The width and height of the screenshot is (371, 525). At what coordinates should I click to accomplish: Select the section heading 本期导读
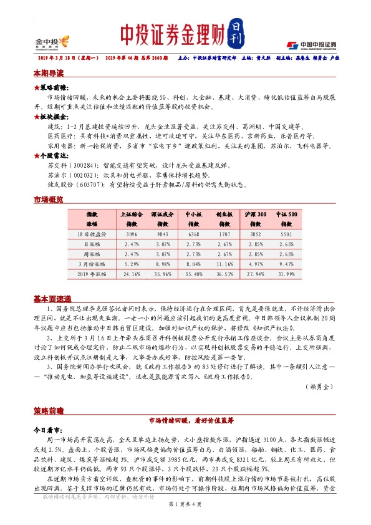click(49, 72)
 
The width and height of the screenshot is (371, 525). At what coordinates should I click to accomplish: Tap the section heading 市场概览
click(49, 200)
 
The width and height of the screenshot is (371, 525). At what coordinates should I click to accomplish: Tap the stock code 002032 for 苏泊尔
click(89, 176)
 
